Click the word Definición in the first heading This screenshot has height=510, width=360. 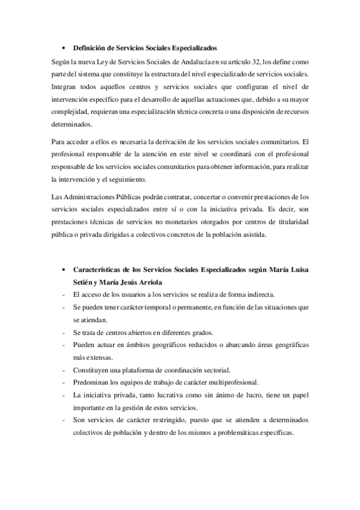tap(89, 47)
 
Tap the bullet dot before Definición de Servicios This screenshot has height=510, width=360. tap(64, 48)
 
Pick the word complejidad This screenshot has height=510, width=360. tap(72, 112)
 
